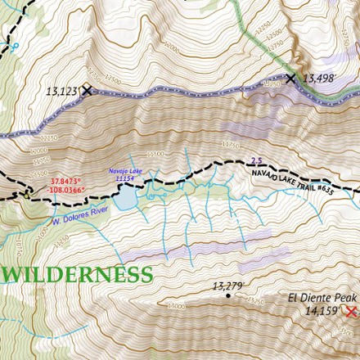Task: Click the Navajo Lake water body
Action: (x=124, y=197)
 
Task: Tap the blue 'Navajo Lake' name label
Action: (x=125, y=171)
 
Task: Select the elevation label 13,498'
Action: (x=322, y=79)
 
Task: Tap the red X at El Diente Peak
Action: (x=351, y=312)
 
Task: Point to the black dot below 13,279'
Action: (x=228, y=295)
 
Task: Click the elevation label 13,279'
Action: (x=229, y=286)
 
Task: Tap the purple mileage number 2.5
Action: (x=256, y=161)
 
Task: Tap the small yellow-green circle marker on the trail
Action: (x=27, y=195)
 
